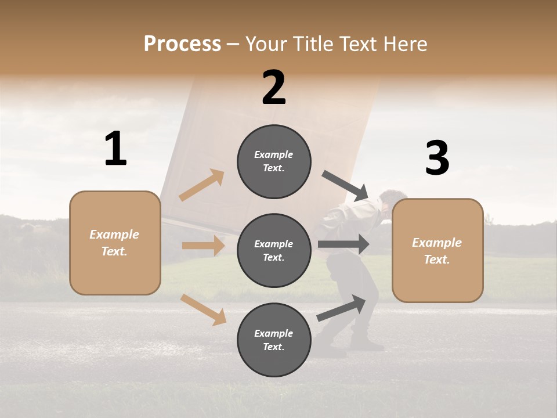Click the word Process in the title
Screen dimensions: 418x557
point(182,44)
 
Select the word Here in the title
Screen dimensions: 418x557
point(404,44)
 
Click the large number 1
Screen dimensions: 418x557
point(115,149)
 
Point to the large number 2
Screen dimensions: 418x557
point(274,88)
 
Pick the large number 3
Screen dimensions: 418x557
point(437,158)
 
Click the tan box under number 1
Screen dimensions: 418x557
point(115,243)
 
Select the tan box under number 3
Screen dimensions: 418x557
point(437,251)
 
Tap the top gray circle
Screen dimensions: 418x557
point(274,161)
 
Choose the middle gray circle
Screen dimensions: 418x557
point(274,251)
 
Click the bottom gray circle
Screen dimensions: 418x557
point(274,340)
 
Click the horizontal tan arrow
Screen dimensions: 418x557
point(204,246)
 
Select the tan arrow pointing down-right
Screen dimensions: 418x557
point(204,309)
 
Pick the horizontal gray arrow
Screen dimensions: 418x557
point(343,244)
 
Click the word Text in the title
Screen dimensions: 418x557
point(359,44)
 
